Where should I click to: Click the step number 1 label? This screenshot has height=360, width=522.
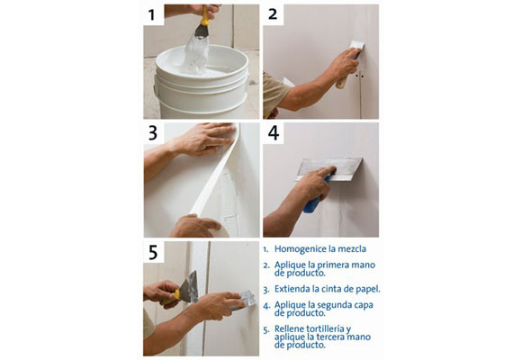pos(151,15)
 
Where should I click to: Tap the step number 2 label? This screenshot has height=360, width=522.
pos(273,14)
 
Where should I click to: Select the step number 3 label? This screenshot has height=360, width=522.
pos(153,133)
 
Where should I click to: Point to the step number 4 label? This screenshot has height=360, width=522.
pos(274,133)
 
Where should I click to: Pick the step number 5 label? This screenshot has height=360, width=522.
pos(153,252)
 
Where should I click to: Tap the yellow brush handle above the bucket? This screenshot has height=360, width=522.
pos(204,16)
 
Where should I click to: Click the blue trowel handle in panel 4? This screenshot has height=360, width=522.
pos(315,197)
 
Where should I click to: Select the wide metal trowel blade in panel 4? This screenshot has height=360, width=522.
pos(328,169)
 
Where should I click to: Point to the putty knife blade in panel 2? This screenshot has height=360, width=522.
pos(357,46)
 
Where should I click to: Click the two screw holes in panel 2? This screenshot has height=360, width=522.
pos(359,76)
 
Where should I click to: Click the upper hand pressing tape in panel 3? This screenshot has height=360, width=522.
pos(203,139)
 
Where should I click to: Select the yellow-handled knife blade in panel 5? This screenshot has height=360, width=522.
pos(189,287)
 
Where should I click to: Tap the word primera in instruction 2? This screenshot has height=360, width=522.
pos(333,265)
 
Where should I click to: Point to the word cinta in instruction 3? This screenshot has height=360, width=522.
pos(321,289)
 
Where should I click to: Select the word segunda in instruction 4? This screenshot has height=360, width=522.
pos(335,305)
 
